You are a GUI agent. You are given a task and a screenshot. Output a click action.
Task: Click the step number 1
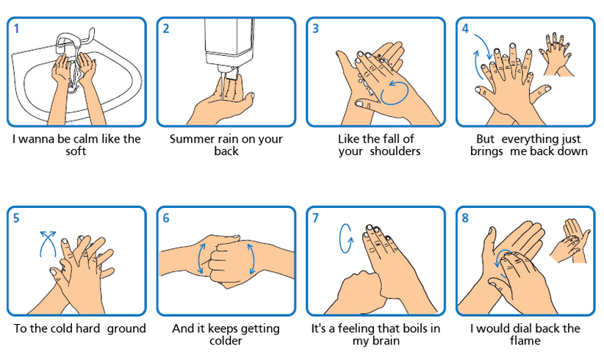click(x=16, y=29)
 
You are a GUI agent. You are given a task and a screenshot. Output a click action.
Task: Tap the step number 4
click(x=465, y=29)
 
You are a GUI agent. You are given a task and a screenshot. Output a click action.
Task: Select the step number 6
click(x=166, y=218)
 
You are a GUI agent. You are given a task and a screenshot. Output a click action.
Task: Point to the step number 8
click(x=465, y=218)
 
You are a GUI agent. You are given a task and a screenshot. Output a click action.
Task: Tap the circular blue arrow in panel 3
click(x=395, y=93)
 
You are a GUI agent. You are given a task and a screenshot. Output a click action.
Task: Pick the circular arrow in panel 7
click(x=346, y=239)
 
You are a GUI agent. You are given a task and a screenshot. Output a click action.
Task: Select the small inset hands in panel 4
click(x=556, y=54)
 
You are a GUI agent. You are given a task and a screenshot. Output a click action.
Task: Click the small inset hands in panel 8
click(x=570, y=241)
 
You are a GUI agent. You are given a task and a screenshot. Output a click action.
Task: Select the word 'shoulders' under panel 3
click(x=395, y=151)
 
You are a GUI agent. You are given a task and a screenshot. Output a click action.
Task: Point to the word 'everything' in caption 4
click(x=528, y=140)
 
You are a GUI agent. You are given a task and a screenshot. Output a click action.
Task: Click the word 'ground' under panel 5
click(x=126, y=329)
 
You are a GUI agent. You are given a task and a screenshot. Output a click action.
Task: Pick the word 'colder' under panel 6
click(x=226, y=340)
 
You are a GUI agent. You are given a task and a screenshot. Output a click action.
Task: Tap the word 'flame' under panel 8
click(x=525, y=340)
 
